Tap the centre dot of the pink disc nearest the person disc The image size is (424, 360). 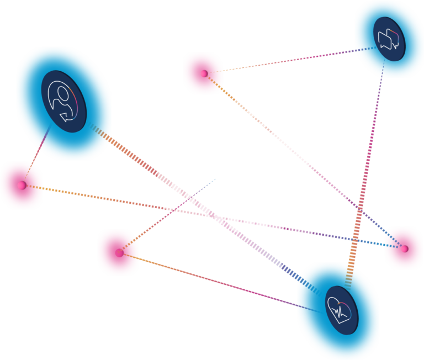[22, 184]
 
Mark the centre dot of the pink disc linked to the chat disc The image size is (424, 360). [203, 73]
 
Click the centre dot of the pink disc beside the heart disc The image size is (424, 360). [404, 248]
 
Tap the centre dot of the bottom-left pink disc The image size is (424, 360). [118, 253]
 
